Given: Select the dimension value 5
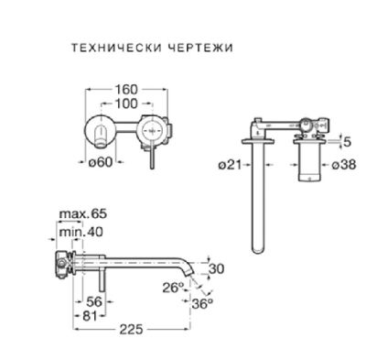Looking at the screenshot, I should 349,142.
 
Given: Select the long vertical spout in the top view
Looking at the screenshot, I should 256,197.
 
